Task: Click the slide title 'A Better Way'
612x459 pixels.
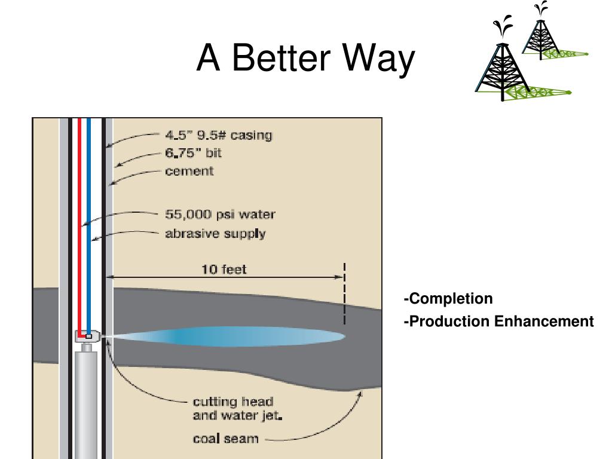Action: pos(305,58)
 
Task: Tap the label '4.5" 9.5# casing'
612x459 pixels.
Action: pos(219,135)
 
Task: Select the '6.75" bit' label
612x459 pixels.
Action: pos(193,153)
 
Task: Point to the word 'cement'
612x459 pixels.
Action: pos(189,172)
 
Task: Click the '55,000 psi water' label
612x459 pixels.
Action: pos(220,215)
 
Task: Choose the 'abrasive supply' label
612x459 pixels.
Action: pos(215,234)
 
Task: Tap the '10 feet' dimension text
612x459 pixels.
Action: pos(224,270)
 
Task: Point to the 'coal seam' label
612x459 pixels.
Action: pos(225,439)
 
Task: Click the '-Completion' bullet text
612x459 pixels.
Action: pos(448,299)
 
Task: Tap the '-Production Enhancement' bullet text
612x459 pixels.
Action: pos(499,321)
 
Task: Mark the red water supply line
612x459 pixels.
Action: pos(79,227)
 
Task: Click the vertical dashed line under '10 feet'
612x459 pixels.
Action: pos(344,293)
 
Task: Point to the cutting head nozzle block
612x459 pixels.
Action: pos(87,336)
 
